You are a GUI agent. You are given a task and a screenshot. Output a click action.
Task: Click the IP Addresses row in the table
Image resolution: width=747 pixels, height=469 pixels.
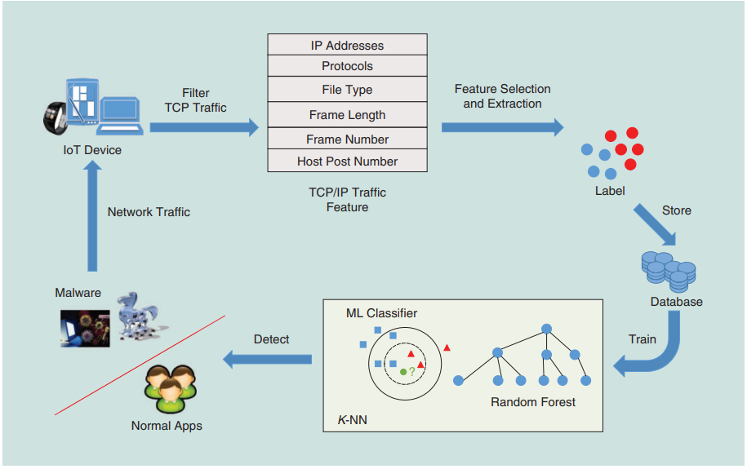point(347,46)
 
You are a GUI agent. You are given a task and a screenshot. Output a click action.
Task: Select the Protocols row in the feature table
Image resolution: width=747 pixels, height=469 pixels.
point(347,67)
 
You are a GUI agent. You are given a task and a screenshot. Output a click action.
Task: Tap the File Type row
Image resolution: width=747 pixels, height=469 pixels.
point(347,90)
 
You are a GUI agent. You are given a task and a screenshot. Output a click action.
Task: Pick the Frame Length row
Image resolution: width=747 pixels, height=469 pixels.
point(347,115)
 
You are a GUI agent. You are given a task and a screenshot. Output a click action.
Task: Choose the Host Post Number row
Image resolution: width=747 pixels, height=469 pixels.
point(347,161)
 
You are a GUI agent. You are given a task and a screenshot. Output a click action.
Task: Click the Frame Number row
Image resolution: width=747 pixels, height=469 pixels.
point(347,139)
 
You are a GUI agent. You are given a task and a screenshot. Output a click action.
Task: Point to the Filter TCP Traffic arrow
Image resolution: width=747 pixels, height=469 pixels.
point(204,127)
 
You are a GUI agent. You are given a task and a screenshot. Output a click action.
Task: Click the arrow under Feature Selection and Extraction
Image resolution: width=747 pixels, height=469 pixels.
point(502,127)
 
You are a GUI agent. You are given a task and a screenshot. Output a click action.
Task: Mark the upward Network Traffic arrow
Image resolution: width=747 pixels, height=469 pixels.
point(92,217)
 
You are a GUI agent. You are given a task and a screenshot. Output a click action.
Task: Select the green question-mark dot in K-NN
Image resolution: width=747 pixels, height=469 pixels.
point(403,372)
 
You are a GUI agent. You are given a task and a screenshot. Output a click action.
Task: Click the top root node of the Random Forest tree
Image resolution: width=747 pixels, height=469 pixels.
point(547,329)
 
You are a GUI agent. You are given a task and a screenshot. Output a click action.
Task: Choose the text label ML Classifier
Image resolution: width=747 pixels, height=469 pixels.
point(381,313)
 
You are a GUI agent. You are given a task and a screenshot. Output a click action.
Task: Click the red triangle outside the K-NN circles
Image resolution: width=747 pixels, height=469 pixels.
point(447,348)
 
